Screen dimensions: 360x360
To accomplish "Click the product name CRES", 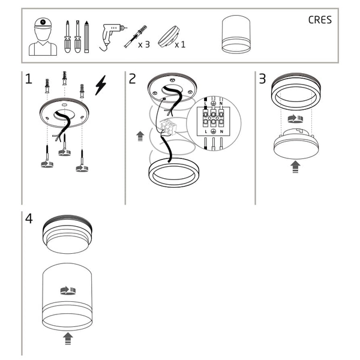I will tap(320, 20).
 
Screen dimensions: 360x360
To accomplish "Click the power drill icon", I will tap(110, 35).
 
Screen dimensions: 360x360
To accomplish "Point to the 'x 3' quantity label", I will tap(143, 44).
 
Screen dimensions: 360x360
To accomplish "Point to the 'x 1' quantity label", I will tap(179, 44).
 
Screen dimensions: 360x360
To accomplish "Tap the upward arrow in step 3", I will tap(295, 167).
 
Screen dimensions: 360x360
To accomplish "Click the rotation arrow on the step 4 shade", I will tap(68, 290).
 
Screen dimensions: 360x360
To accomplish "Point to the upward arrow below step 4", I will tap(68, 339).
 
